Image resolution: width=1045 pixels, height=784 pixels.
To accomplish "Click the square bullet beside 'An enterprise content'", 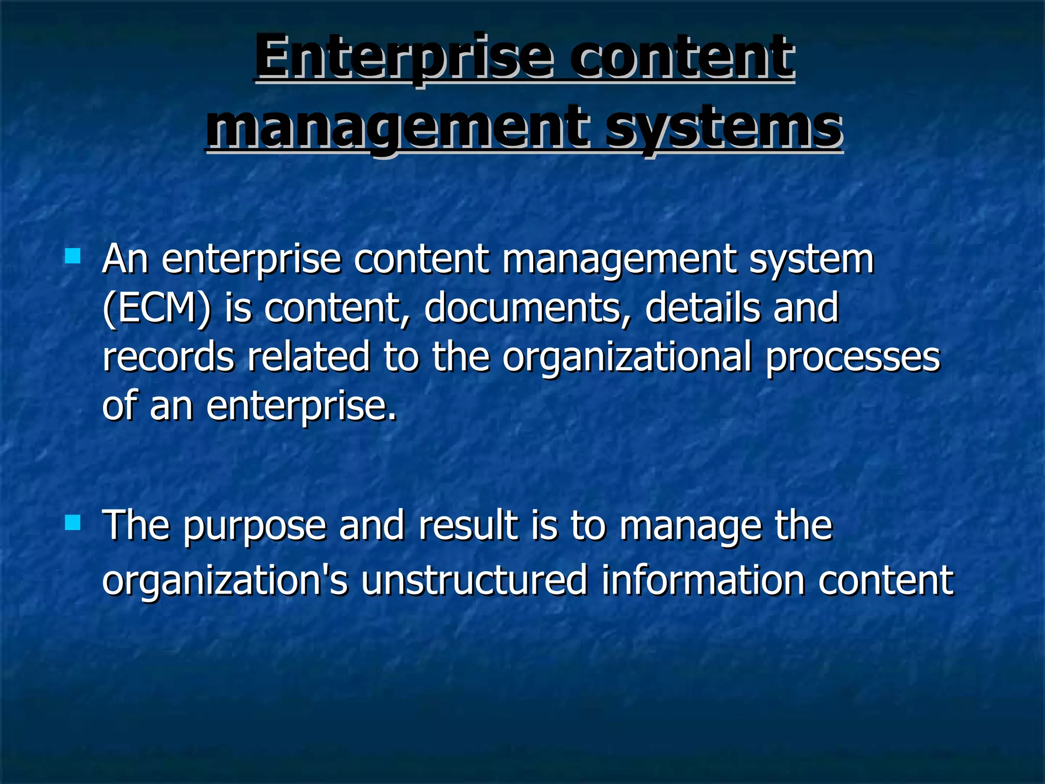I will (x=73, y=256).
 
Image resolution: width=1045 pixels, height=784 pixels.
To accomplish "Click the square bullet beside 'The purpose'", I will (x=73, y=522).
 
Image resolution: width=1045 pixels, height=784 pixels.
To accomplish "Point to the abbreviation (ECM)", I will (x=156, y=308).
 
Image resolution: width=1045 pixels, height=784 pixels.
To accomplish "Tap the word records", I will (x=168, y=357).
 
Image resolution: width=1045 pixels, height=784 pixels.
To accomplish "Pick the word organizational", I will (x=627, y=357).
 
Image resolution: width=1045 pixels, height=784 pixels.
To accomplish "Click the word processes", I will (x=852, y=357).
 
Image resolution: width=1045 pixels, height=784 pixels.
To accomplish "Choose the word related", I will (x=308, y=357).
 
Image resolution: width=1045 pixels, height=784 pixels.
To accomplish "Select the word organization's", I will (x=225, y=581).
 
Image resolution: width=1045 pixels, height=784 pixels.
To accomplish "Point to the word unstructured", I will (x=474, y=580).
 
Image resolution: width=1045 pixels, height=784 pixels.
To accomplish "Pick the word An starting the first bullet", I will (x=126, y=259).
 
